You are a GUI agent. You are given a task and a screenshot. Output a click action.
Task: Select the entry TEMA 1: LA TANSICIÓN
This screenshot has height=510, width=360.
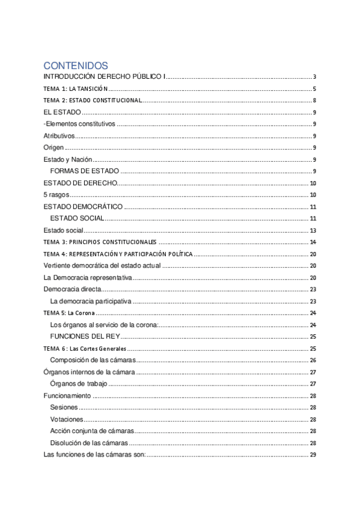[x=75, y=88]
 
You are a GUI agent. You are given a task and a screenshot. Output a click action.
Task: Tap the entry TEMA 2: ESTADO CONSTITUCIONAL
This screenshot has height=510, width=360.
[x=93, y=100]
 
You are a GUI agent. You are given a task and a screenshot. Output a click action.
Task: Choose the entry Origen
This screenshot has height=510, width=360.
[x=53, y=148]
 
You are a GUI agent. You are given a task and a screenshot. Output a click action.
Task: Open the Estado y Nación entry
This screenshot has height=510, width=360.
[x=68, y=160]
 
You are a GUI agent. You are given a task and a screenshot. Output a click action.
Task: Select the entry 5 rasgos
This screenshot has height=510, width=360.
[x=56, y=195]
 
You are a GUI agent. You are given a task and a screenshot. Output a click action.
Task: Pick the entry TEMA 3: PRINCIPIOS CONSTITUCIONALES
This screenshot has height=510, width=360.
[x=99, y=242]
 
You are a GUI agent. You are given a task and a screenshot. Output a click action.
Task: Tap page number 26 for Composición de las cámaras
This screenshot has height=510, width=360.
[x=313, y=360]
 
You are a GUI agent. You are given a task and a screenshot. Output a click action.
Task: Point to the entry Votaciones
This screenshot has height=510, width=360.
[x=67, y=419]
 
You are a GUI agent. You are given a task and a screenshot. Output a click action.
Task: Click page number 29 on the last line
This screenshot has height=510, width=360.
[x=313, y=455]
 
